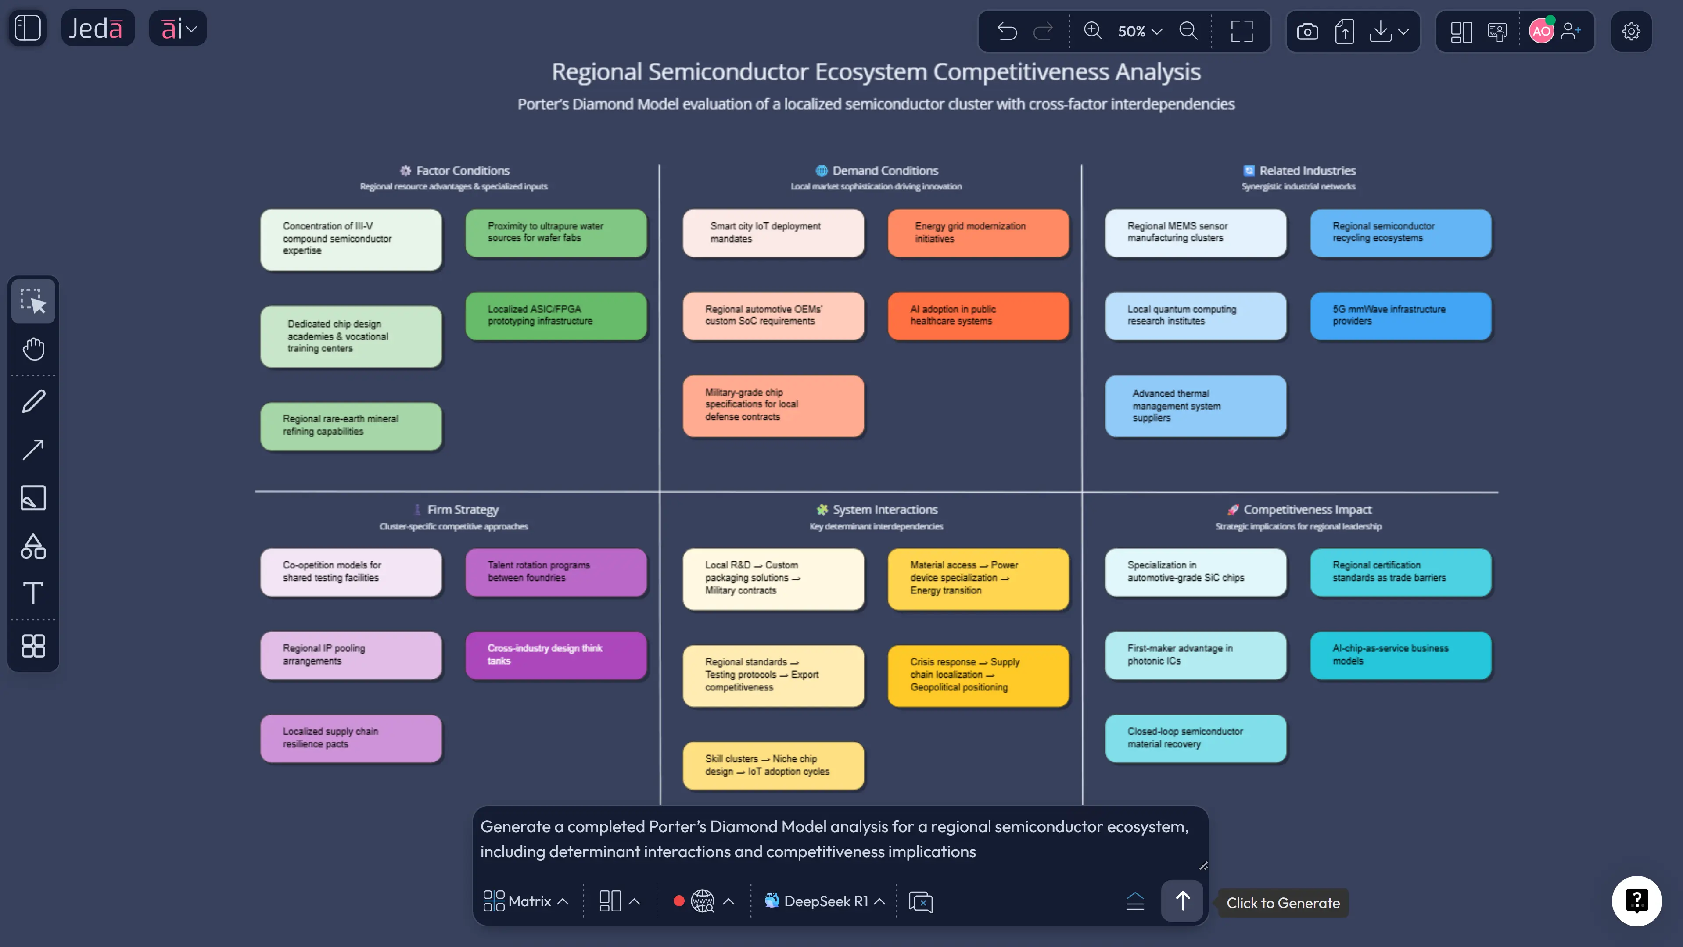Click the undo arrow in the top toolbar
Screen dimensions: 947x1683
point(1007,31)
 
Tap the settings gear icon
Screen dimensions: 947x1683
point(1631,31)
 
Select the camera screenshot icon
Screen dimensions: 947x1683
point(1307,31)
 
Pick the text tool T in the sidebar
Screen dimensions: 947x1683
point(33,593)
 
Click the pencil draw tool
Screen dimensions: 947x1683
point(33,401)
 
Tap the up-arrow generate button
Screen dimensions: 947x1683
point(1182,901)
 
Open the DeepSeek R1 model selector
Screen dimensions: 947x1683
point(825,901)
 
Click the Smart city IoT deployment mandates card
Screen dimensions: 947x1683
point(773,232)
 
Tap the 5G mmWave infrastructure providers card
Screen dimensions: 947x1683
point(1400,315)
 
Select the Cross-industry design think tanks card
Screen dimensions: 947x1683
point(555,654)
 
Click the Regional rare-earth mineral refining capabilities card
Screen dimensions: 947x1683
point(351,425)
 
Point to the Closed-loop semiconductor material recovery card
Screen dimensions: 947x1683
point(1195,738)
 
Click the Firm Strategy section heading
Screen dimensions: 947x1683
point(462,509)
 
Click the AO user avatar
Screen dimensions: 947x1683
point(1540,31)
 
